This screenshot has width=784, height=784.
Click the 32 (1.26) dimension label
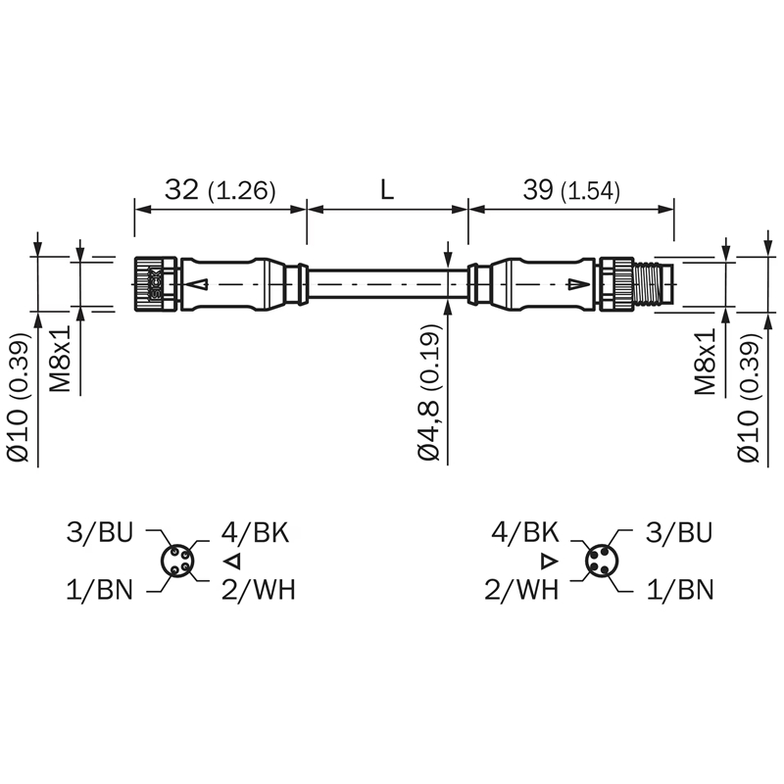pyautogui.click(x=220, y=190)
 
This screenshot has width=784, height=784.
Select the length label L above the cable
pyautogui.click(x=387, y=190)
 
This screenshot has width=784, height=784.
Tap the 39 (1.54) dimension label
pyautogui.click(x=571, y=190)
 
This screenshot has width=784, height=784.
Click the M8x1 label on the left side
pyautogui.click(x=60, y=359)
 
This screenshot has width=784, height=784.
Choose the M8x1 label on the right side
pyautogui.click(x=706, y=361)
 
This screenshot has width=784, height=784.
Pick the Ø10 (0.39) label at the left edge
pyautogui.click(x=19, y=397)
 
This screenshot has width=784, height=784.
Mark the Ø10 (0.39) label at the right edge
pyautogui.click(x=748, y=397)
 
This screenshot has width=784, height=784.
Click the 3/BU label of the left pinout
pyautogui.click(x=100, y=532)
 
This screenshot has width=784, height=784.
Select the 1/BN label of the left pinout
pyautogui.click(x=100, y=590)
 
